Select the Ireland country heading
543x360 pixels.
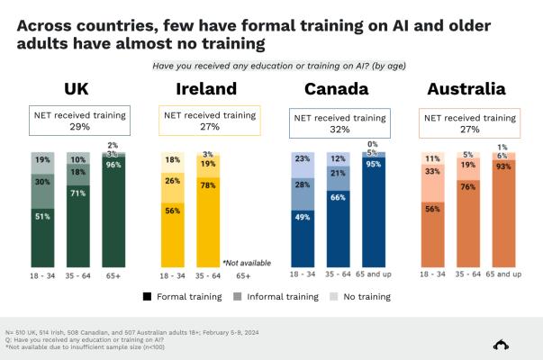[x=206, y=89]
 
